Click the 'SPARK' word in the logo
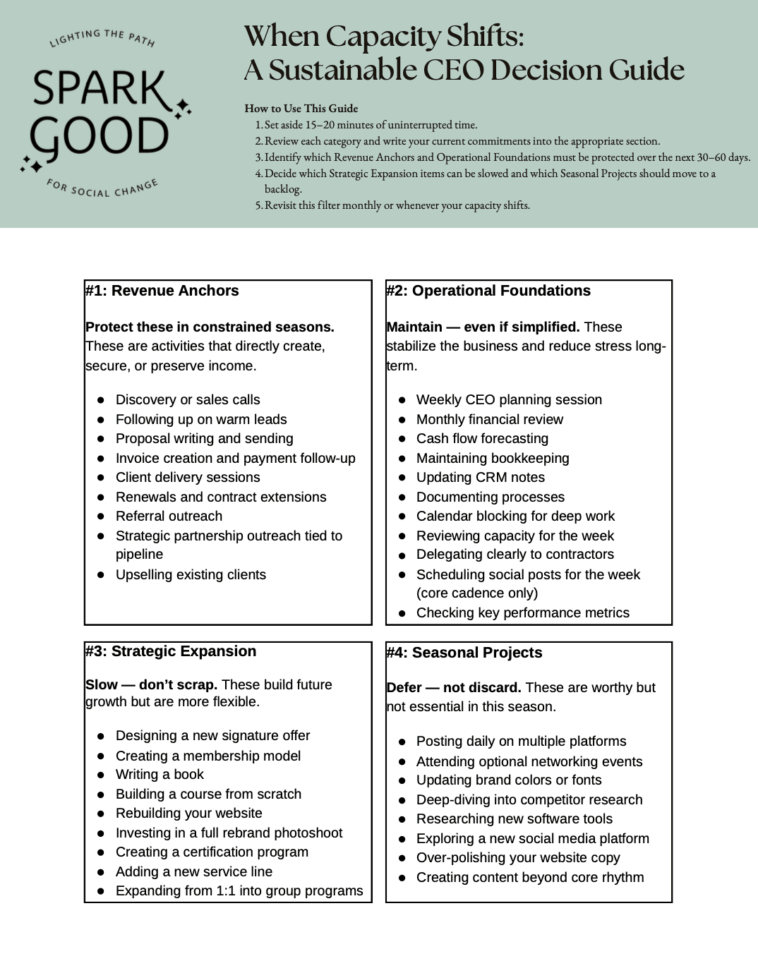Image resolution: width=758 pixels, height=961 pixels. click(x=99, y=88)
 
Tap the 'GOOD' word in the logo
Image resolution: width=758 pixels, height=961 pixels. click(x=99, y=136)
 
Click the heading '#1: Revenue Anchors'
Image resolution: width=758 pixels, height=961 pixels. click(x=162, y=291)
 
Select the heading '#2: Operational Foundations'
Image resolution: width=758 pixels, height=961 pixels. click(x=488, y=291)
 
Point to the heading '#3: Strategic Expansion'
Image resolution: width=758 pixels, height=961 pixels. click(x=171, y=651)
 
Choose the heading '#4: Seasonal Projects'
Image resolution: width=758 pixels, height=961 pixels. click(x=464, y=653)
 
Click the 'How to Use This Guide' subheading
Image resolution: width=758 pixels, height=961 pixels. click(x=301, y=109)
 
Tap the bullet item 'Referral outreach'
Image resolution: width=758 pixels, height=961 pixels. click(x=169, y=516)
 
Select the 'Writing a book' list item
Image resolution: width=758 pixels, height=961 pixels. click(x=160, y=775)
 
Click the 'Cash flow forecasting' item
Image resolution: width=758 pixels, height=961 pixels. click(x=482, y=438)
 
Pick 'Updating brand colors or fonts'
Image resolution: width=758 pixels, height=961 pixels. click(x=509, y=780)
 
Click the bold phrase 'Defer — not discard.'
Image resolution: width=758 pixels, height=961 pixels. click(x=454, y=687)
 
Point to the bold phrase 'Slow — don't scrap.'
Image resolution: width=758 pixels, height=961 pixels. click(x=151, y=684)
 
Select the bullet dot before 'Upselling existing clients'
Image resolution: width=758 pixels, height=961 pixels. click(x=101, y=575)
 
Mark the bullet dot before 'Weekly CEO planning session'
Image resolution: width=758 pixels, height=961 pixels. click(x=402, y=400)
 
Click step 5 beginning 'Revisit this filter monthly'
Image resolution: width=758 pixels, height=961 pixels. click(x=397, y=205)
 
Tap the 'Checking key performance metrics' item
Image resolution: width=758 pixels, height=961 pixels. click(x=522, y=612)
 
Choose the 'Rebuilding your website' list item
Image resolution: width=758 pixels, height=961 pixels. click(x=188, y=813)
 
